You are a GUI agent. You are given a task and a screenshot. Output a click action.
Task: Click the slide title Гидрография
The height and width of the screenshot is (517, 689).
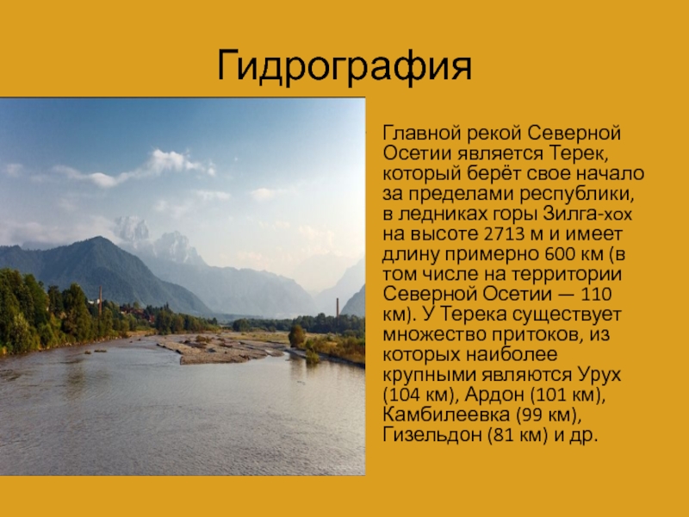pos(344,67)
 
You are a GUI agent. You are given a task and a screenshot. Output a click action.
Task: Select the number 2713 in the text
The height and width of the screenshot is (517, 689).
pos(505,234)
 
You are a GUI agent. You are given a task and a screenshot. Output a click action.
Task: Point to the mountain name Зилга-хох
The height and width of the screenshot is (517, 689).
pos(587,214)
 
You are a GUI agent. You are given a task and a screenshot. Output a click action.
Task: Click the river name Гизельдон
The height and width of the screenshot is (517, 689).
pos(432,435)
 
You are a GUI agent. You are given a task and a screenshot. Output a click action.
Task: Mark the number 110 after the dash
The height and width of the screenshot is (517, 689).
pos(596,294)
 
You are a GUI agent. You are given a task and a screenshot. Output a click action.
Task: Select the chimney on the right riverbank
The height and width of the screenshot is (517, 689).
pos(338,308)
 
